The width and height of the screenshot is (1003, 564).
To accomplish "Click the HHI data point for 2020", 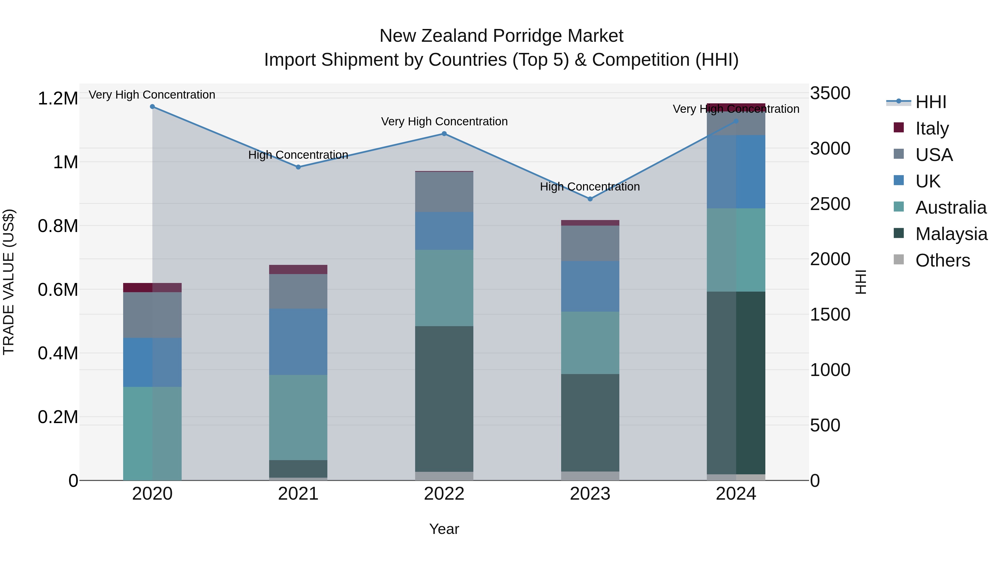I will (152, 107).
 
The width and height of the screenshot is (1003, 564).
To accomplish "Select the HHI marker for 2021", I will (298, 167).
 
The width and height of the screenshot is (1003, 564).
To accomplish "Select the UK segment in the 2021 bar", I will (298, 342).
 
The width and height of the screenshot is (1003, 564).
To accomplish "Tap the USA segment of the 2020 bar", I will (152, 315).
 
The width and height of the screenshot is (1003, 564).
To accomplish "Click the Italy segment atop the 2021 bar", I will (298, 269).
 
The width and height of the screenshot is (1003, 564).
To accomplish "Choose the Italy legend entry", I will (932, 128).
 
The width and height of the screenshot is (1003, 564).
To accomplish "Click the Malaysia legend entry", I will (951, 234).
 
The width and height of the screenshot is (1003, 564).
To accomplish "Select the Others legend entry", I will (942, 260).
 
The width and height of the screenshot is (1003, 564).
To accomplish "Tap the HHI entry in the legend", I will (931, 102).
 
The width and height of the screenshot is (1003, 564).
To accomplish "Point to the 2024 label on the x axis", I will (736, 494).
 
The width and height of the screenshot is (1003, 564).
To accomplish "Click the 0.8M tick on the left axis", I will (58, 226).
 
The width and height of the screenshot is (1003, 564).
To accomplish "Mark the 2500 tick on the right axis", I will (830, 204).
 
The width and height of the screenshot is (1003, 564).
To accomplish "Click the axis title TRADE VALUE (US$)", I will (9, 282).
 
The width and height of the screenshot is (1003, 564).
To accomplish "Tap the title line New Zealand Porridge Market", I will (501, 36).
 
